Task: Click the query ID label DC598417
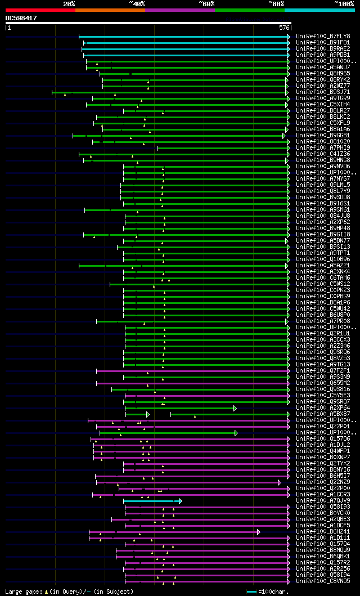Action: click(21, 18)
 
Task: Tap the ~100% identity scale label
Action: click(344, 4)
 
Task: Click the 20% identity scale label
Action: click(69, 4)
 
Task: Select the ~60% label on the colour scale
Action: click(206, 4)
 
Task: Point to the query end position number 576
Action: click(284, 27)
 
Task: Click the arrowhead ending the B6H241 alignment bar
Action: click(259, 532)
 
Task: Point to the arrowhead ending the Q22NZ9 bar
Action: click(279, 482)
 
